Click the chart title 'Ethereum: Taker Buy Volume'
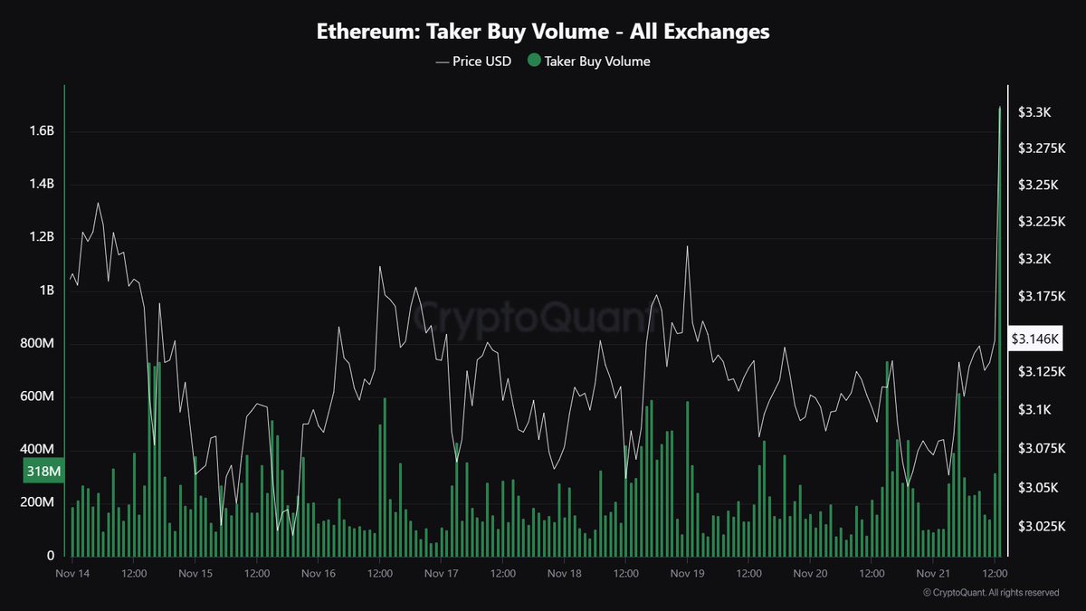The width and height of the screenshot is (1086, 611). pyautogui.click(x=543, y=32)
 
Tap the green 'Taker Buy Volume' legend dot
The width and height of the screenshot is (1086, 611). pyautogui.click(x=534, y=62)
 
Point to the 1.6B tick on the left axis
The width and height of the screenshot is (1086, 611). pyautogui.click(x=42, y=131)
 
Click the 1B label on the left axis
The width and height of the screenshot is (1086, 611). pyautogui.click(x=46, y=291)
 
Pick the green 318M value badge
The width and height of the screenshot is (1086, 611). pyautogui.click(x=43, y=471)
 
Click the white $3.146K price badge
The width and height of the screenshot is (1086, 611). pyautogui.click(x=1037, y=339)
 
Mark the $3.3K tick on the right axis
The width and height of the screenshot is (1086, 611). pyautogui.click(x=1034, y=112)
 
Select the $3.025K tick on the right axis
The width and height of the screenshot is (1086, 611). pyautogui.click(x=1040, y=526)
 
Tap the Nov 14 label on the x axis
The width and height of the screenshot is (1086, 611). pyautogui.click(x=71, y=573)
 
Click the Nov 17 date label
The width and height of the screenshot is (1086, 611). pyautogui.click(x=441, y=573)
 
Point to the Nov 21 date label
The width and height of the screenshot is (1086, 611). pyautogui.click(x=933, y=573)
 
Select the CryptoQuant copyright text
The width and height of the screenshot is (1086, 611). pyautogui.click(x=990, y=593)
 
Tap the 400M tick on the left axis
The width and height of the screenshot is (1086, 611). pyautogui.click(x=38, y=450)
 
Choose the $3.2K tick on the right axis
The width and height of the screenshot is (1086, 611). pyautogui.click(x=1034, y=260)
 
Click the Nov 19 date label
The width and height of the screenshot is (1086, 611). pyautogui.click(x=687, y=573)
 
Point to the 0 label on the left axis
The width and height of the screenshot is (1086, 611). pyautogui.click(x=51, y=556)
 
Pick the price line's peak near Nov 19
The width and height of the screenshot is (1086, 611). pyautogui.click(x=688, y=246)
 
